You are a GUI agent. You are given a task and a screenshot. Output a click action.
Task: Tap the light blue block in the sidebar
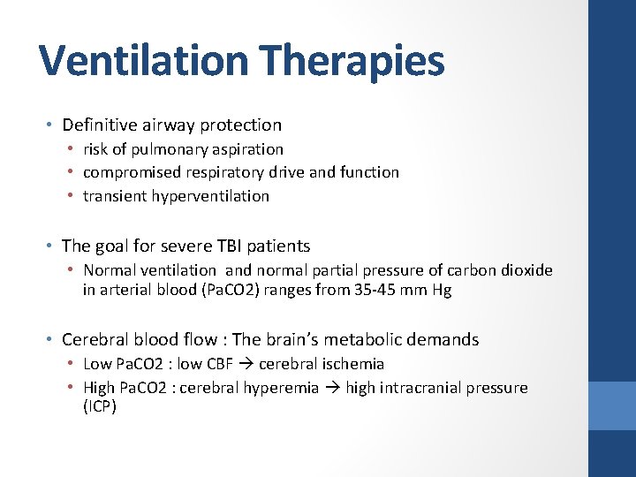point(612,405)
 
